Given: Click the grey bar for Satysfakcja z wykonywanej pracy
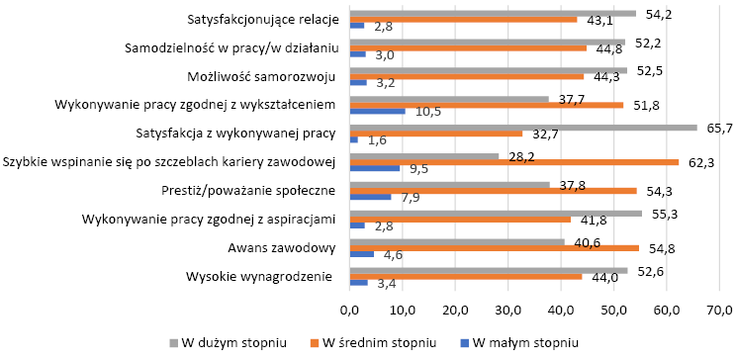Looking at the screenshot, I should point(523,128).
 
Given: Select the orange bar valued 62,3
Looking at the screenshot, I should point(514,162).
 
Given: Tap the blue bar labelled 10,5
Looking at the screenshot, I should point(378,111).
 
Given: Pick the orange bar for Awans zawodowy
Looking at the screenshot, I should point(495,247).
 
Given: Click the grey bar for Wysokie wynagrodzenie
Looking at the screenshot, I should point(489,270).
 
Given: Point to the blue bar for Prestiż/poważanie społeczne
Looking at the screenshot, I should point(371,197).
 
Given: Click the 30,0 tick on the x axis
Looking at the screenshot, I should point(508,312).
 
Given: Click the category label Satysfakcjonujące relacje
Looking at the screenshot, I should point(263,20).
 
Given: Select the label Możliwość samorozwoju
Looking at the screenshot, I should point(261,77).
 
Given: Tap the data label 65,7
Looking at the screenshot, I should point(718,128).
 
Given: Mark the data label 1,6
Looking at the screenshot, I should point(377,140).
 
